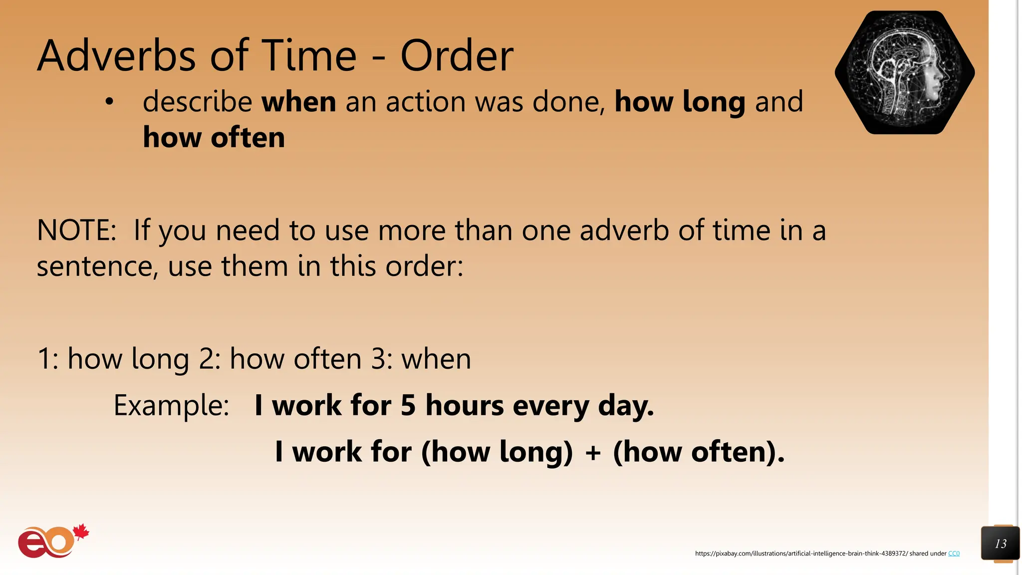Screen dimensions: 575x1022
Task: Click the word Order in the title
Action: (457, 56)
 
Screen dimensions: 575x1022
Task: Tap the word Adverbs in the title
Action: (117, 56)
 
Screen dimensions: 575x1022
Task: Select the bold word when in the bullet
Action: (299, 102)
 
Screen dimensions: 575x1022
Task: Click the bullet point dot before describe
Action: (109, 102)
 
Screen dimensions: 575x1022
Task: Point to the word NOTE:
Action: (76, 231)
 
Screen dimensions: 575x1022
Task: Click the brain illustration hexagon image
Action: (904, 72)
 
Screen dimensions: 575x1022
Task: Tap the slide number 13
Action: (1000, 544)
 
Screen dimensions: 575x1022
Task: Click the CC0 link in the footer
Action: (954, 554)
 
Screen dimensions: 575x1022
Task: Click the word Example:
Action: (171, 405)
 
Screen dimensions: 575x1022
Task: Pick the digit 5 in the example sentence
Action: (408, 405)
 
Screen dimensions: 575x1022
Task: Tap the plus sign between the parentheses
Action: (593, 453)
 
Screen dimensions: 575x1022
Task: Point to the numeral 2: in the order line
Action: (210, 359)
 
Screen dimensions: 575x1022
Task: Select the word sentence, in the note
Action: (97, 267)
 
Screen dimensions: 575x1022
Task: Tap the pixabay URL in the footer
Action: (801, 554)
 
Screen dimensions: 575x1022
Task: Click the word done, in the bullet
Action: (569, 102)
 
